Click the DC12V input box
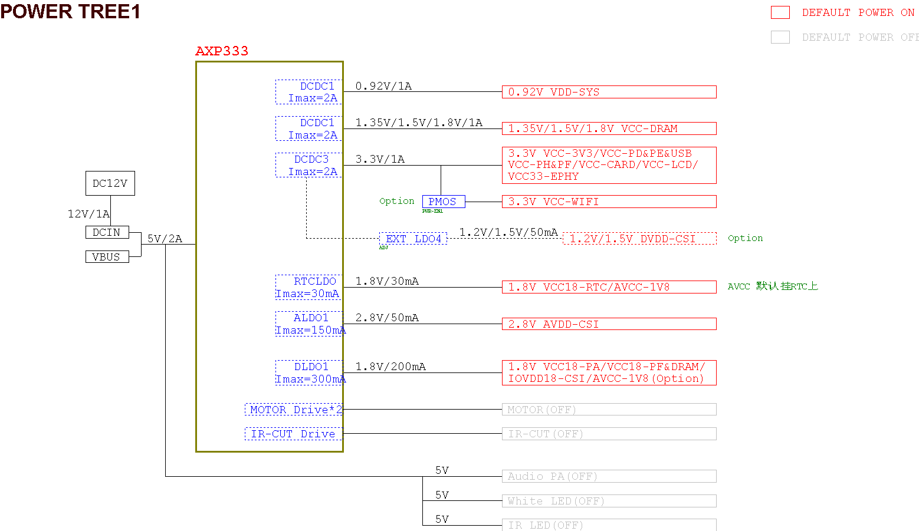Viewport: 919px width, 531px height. tap(110, 183)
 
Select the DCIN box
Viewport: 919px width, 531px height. tap(107, 232)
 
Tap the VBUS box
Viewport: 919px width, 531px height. tap(107, 256)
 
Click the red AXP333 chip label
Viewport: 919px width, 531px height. tap(222, 51)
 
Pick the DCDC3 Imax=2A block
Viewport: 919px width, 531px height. tap(308, 165)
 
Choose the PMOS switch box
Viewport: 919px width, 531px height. tap(443, 202)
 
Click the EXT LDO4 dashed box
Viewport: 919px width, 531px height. tap(413, 239)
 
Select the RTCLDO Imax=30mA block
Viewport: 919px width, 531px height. tap(308, 287)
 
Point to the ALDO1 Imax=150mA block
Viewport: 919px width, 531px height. tap(309, 324)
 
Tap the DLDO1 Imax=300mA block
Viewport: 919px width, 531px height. tap(309, 372)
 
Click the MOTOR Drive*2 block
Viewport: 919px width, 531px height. tap(294, 410)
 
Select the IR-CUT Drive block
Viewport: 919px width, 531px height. tap(293, 434)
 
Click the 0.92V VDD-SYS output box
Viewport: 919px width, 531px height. tap(609, 92)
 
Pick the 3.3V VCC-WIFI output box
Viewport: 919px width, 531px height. tap(609, 202)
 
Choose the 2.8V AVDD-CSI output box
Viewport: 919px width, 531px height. tap(609, 324)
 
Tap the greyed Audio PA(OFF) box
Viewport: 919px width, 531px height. tap(609, 476)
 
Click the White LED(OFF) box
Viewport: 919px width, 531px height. tap(609, 501)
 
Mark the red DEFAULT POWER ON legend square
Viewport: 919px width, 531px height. tap(780, 12)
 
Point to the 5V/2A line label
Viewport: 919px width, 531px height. tap(165, 239)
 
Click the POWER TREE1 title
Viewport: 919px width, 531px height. tap(70, 11)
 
